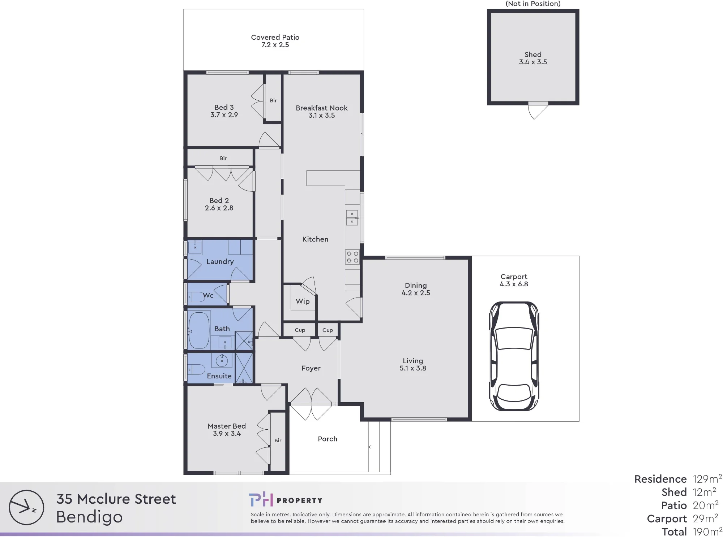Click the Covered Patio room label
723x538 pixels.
coord(275,37)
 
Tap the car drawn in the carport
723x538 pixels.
coord(514,356)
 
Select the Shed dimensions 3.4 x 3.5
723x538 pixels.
coord(533,62)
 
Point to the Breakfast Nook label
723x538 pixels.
coord(321,108)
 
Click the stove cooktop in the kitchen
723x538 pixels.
coord(352,257)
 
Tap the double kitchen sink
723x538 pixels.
coord(352,218)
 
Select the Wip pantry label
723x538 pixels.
coord(303,301)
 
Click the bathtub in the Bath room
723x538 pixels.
coord(199,330)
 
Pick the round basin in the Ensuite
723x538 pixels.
coord(221,360)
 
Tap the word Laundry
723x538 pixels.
coord(220,262)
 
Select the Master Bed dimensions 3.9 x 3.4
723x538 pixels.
coord(227,434)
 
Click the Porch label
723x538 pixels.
coord(328,439)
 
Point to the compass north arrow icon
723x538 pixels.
coord(26,507)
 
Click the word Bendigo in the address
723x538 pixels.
coord(89,517)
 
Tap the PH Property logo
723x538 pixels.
coord(286,500)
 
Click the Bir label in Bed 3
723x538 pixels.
coord(273,100)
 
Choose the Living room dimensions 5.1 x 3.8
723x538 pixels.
coord(413,368)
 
